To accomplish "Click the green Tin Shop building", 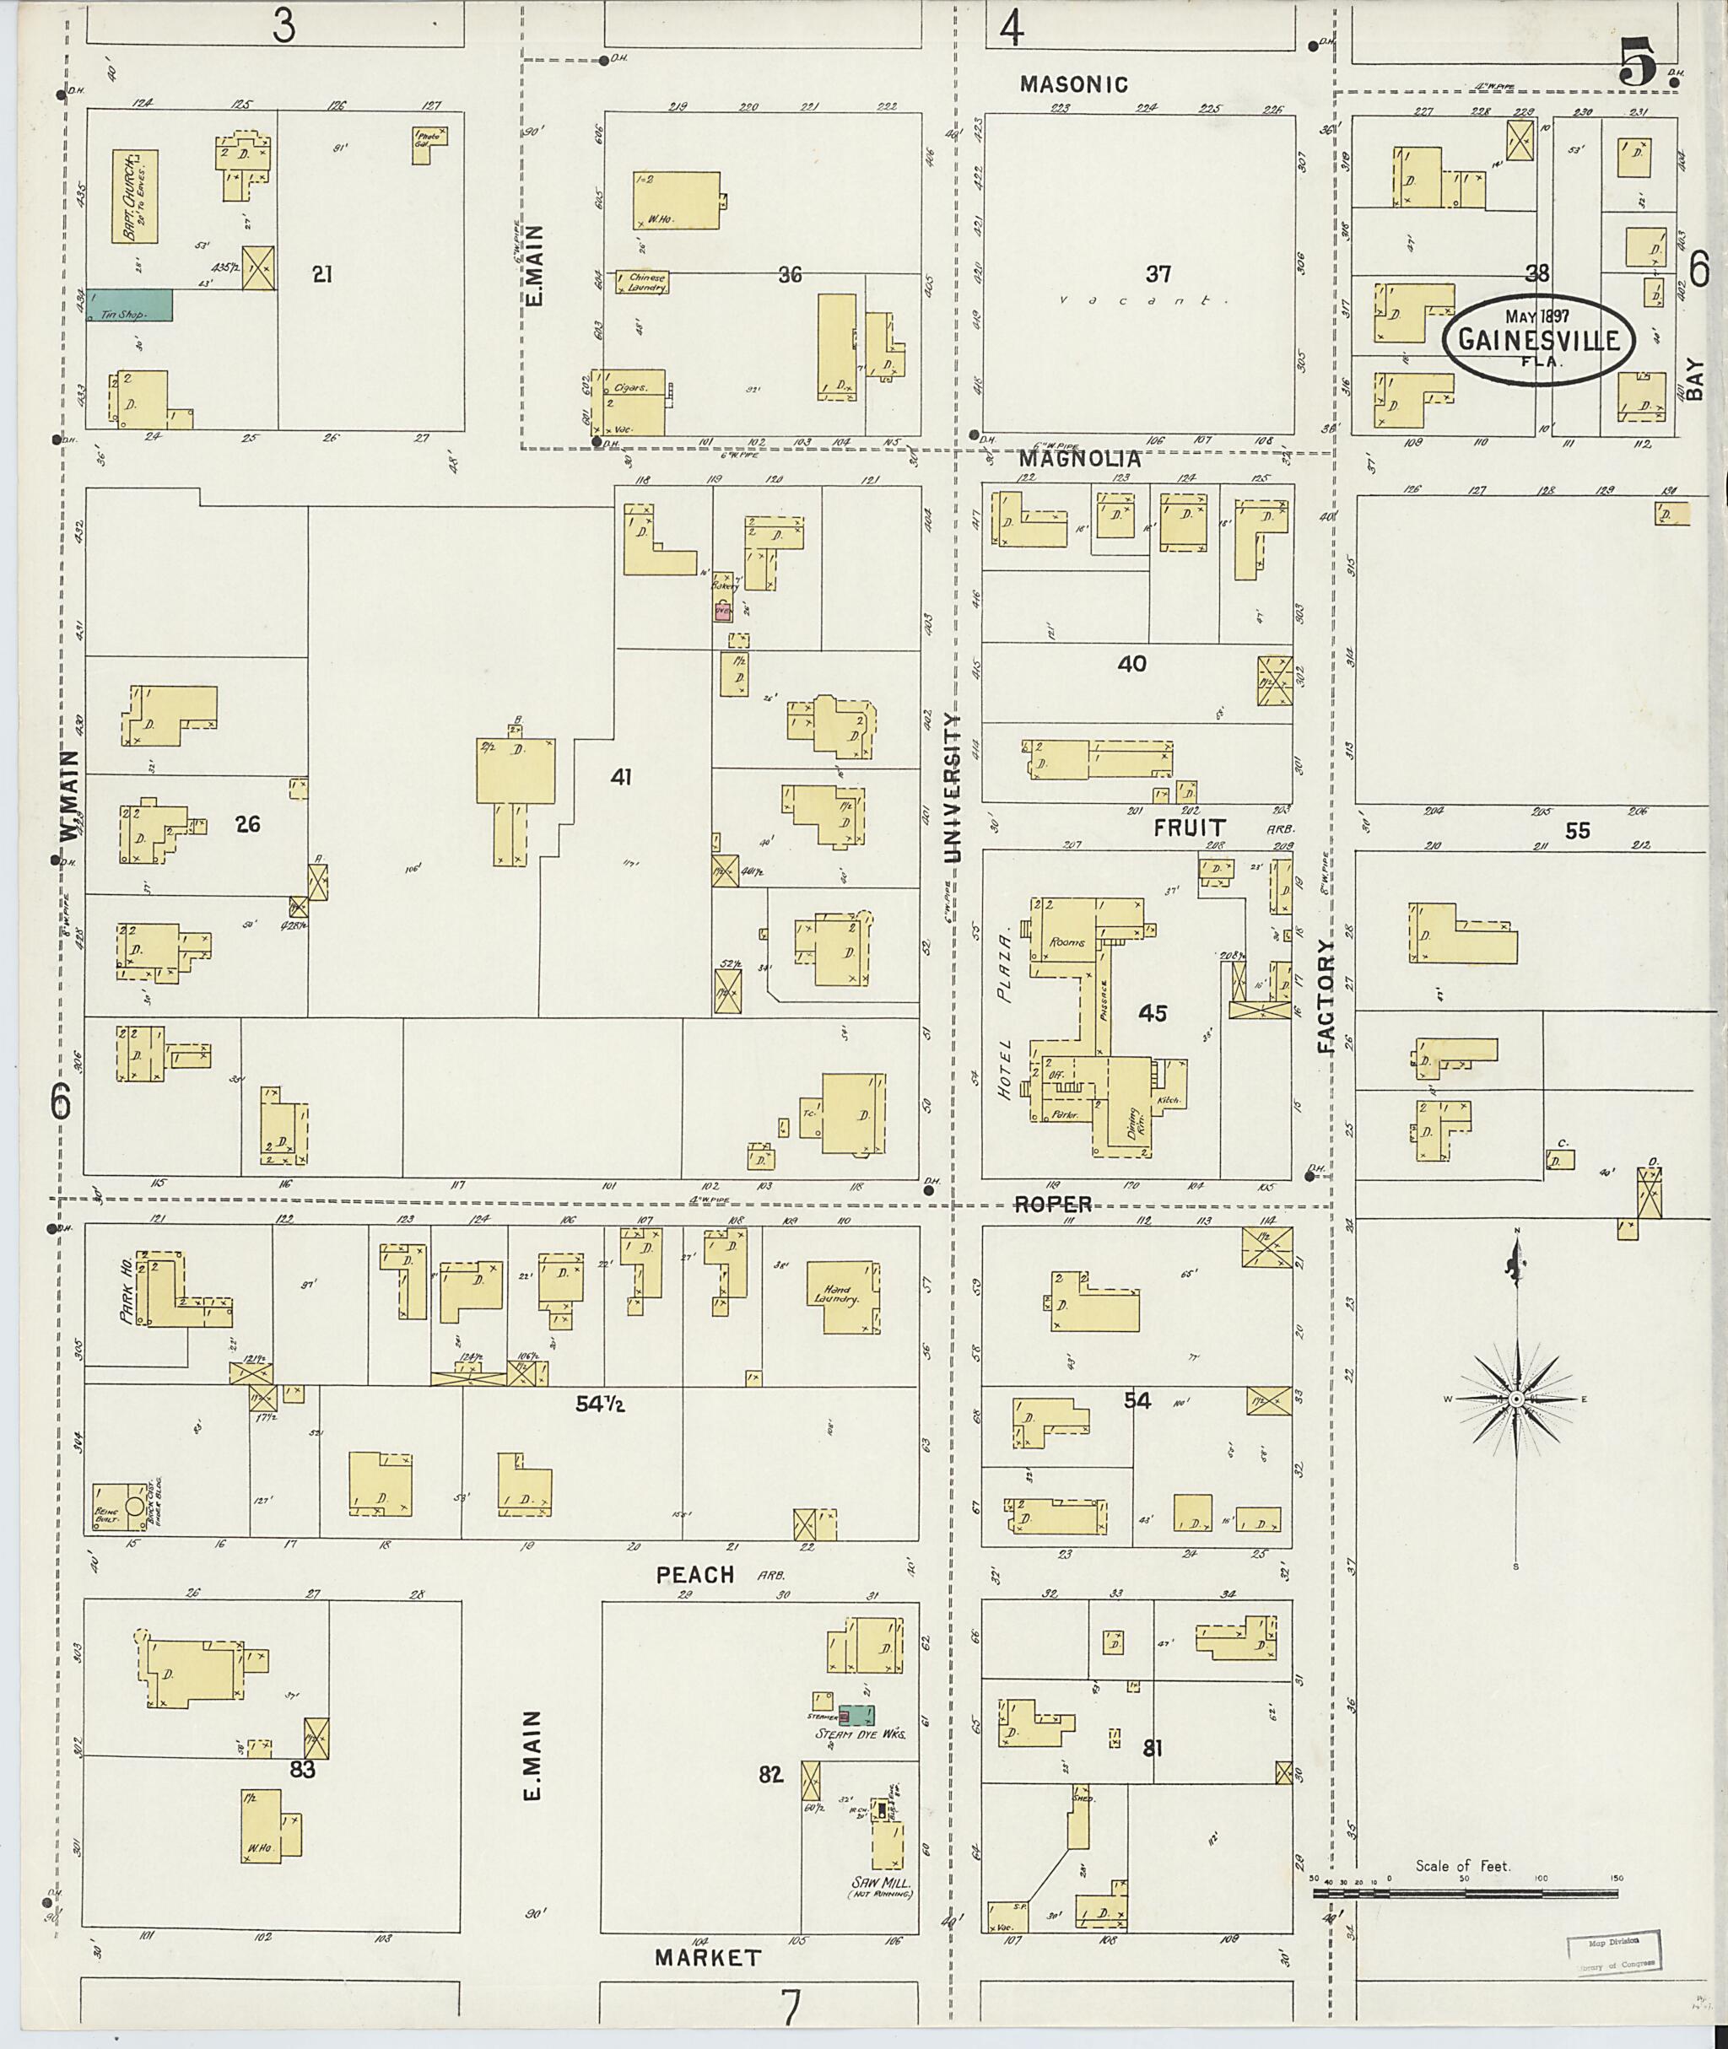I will (129, 305).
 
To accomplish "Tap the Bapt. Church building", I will (134, 196).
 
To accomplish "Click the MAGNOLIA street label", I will (1079, 457).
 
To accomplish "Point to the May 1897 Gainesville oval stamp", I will (1537, 339).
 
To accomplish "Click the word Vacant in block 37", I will (1143, 302).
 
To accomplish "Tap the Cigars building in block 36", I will (629, 390).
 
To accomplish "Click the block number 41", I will (620, 777).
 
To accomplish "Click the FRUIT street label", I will (1189, 828).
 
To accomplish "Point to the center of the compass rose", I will (1516, 1399).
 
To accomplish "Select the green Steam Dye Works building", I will (857, 1714).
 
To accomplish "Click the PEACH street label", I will (694, 1574).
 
